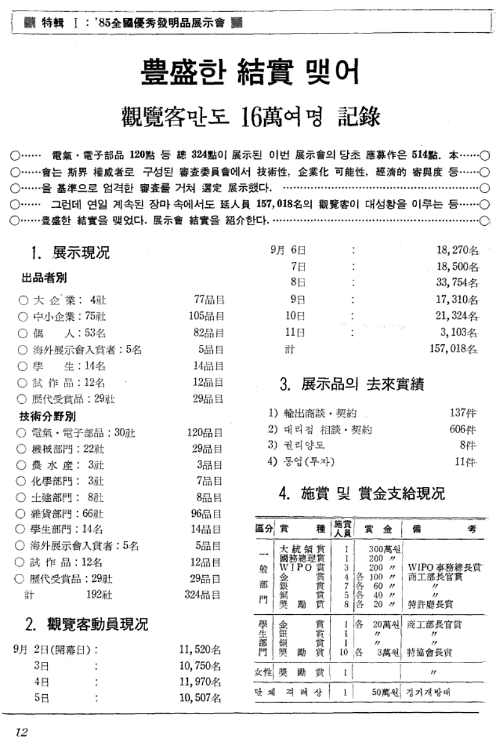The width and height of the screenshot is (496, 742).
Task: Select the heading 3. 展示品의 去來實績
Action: click(352, 384)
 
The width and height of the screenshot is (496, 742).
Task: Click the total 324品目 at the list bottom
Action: click(205, 595)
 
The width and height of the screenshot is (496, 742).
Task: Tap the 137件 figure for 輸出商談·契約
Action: click(463, 412)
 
